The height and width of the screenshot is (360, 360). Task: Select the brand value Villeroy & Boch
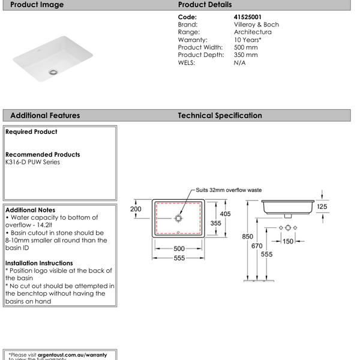click(x=256, y=25)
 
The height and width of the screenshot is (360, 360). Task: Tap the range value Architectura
click(x=253, y=32)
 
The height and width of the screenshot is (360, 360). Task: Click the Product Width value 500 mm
click(x=246, y=47)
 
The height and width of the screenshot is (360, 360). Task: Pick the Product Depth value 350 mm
click(x=246, y=55)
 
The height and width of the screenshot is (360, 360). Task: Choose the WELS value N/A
click(x=239, y=62)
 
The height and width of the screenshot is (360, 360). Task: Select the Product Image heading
click(x=37, y=5)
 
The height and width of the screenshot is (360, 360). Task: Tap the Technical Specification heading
click(x=220, y=115)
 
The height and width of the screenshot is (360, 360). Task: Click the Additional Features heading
click(x=45, y=115)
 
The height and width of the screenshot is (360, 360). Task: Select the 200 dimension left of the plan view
click(x=136, y=209)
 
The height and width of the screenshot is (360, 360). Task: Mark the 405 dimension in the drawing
click(x=225, y=214)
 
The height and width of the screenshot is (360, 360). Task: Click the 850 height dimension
click(x=247, y=237)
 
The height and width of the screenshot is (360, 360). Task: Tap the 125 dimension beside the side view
click(x=322, y=207)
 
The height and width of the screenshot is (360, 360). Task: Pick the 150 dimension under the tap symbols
click(x=289, y=242)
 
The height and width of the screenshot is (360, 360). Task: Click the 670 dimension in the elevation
click(x=257, y=245)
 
